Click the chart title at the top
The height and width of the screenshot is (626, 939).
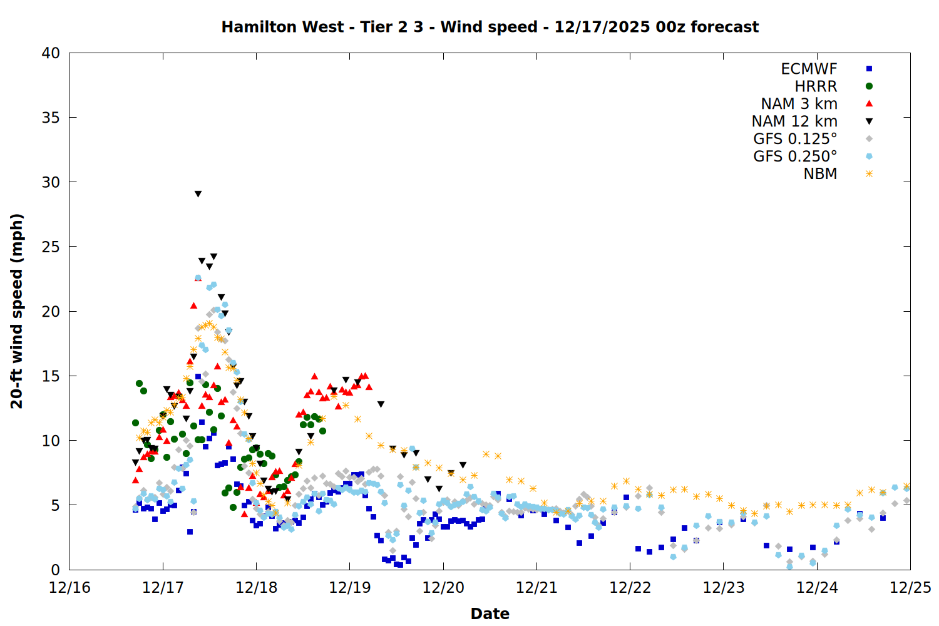tap(490, 27)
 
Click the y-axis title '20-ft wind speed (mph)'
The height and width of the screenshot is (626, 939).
tap(17, 311)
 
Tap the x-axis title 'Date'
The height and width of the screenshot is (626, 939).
tap(490, 613)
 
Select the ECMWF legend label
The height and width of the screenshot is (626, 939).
tap(809, 69)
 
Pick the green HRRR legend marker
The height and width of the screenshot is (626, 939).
tap(869, 86)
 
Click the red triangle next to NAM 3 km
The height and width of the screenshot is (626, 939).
tap(869, 104)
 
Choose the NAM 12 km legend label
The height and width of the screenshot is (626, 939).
tap(794, 121)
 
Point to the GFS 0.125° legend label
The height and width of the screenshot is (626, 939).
tap(795, 139)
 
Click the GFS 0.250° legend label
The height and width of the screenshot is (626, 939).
tap(795, 156)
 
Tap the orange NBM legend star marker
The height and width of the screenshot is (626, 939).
tap(869, 174)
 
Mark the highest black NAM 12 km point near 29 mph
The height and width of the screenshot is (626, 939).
tap(198, 194)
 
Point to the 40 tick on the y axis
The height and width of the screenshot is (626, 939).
tap(51, 53)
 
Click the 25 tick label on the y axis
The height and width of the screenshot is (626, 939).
tap(51, 247)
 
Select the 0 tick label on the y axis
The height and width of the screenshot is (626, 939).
tap(56, 570)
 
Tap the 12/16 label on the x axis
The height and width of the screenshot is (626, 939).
tap(69, 588)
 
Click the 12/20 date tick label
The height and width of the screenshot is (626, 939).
tap(443, 588)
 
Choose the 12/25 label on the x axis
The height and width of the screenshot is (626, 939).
tap(910, 588)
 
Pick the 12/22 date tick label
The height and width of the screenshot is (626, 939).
tap(630, 588)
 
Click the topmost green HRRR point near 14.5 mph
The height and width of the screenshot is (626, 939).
tap(139, 384)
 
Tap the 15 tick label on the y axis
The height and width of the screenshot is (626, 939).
tap(51, 376)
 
